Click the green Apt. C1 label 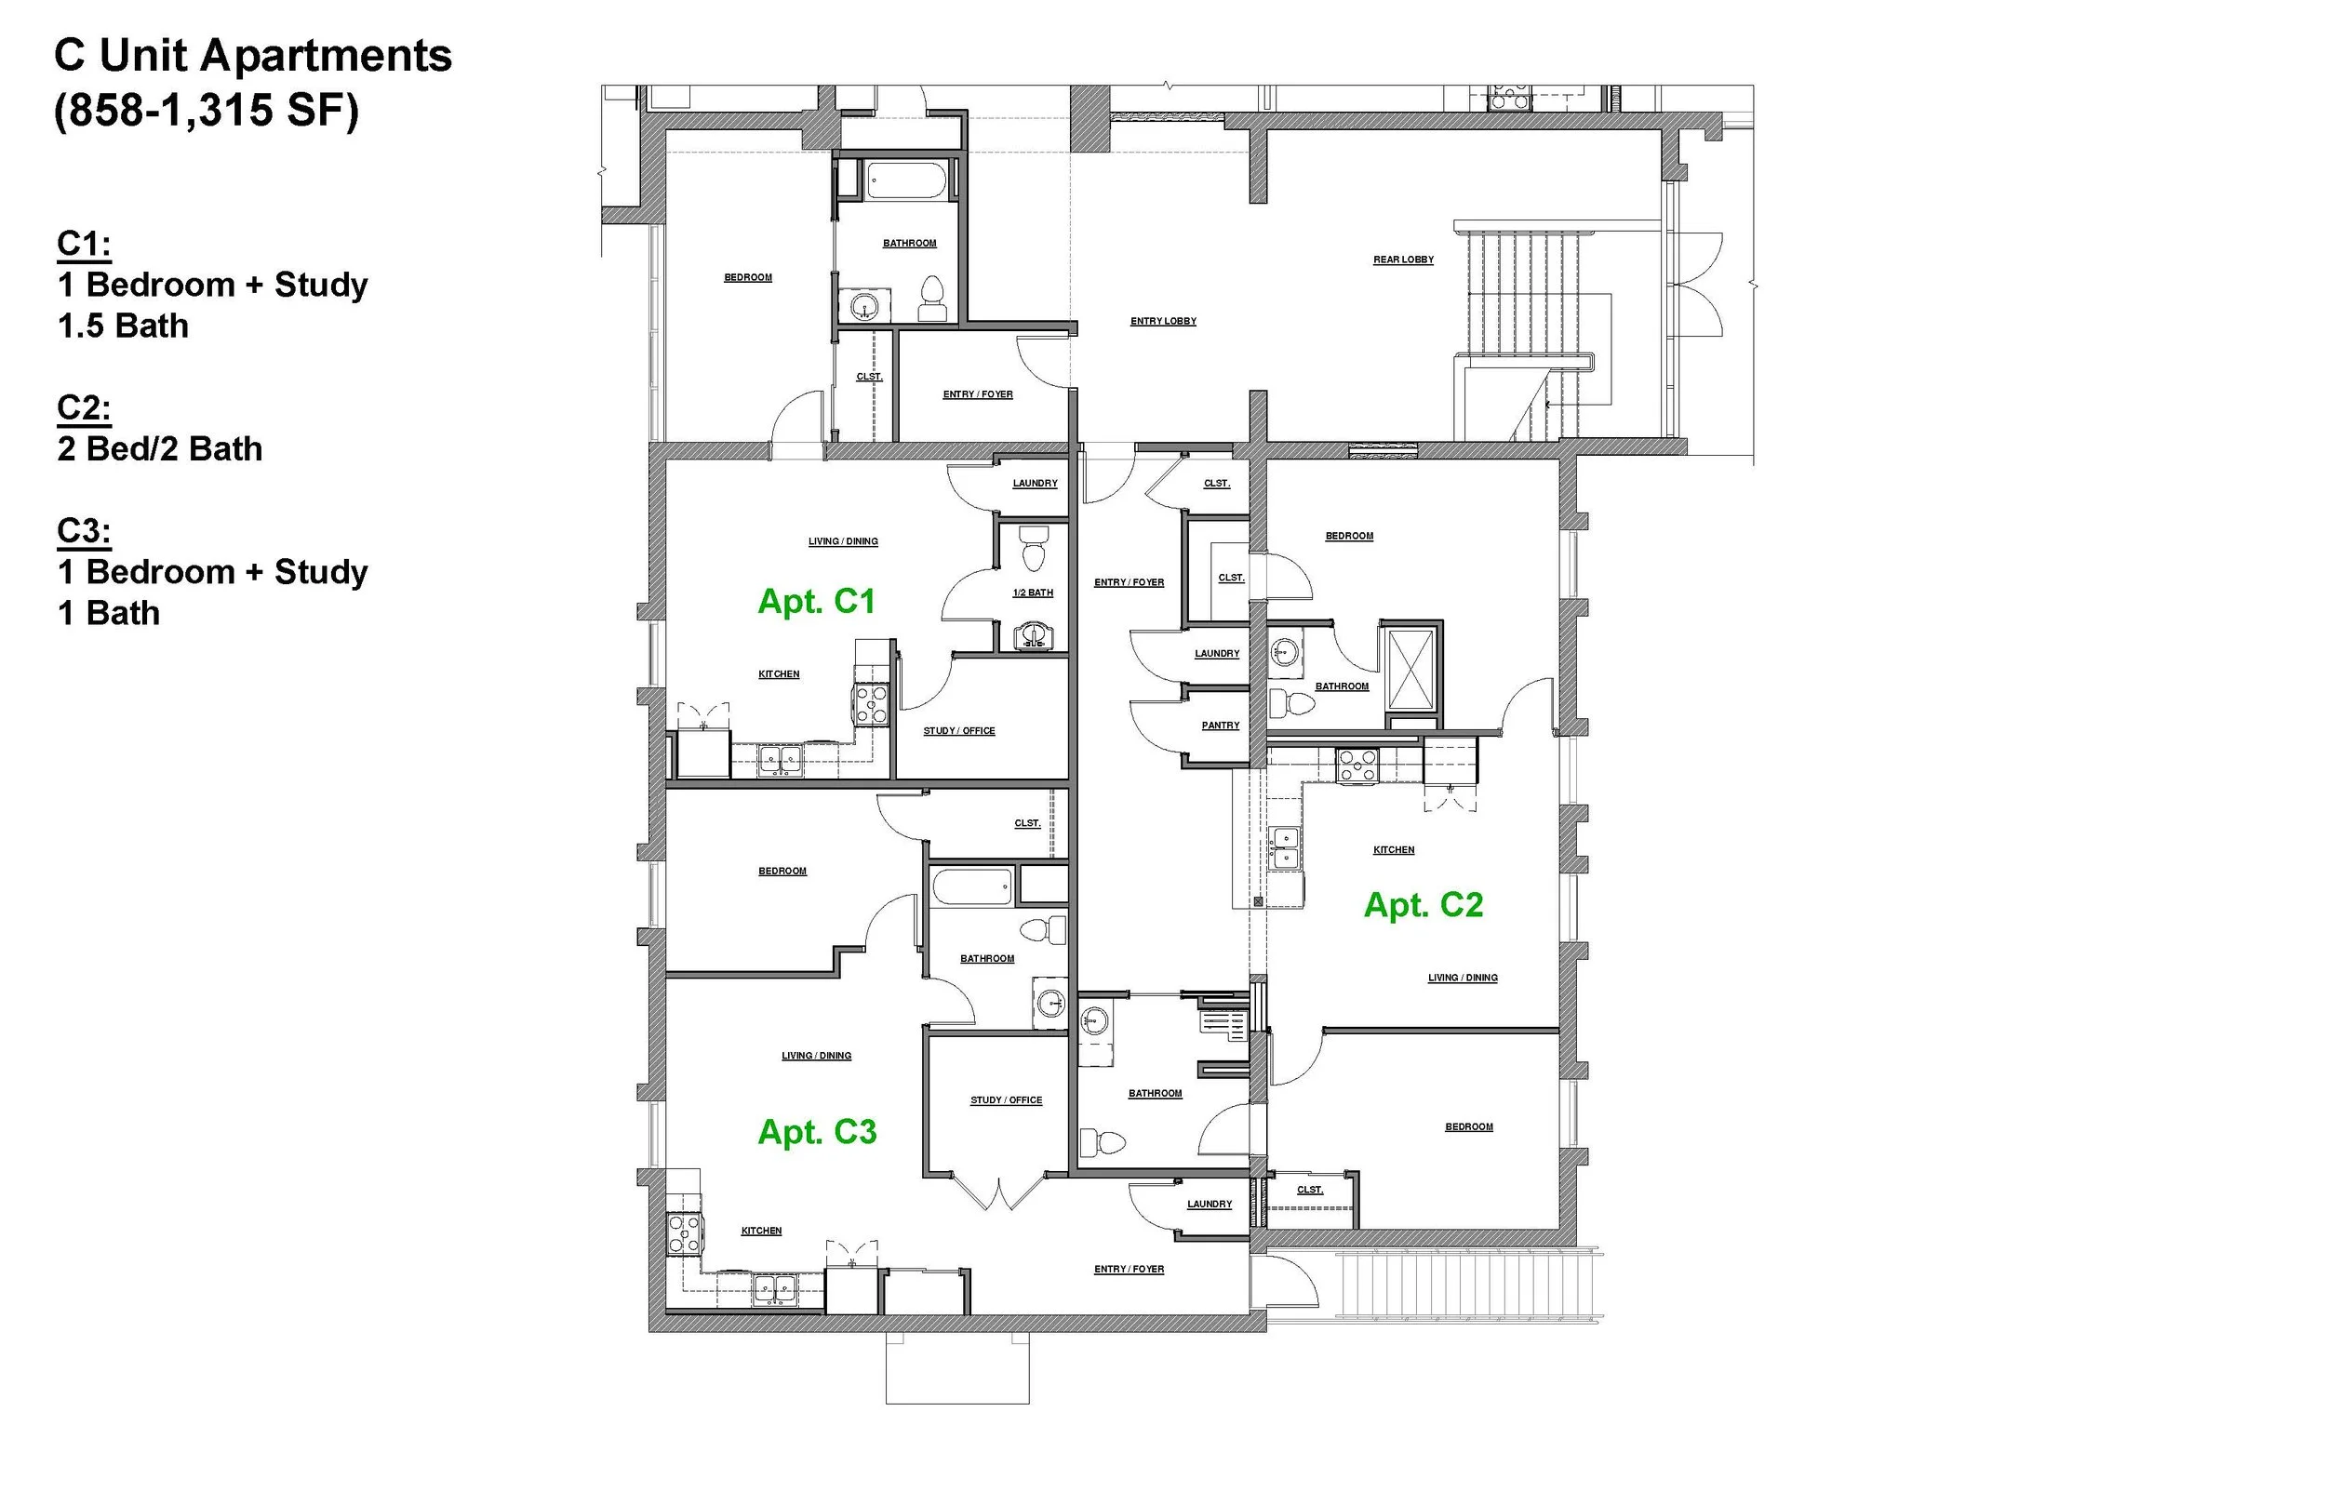[816, 601]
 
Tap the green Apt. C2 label [1423, 905]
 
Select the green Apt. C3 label [817, 1132]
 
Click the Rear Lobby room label [1403, 260]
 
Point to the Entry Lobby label [1163, 322]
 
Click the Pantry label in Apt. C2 [1220, 726]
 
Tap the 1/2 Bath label [1033, 593]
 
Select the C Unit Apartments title [253, 56]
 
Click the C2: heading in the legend [84, 407]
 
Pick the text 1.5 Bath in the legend [123, 326]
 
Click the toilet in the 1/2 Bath [1033, 549]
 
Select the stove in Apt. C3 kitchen [683, 1233]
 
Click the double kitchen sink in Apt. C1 [781, 759]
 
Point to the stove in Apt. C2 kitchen [1357, 766]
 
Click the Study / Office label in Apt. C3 [1006, 1100]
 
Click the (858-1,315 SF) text [207, 111]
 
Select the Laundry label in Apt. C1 [1035, 484]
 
